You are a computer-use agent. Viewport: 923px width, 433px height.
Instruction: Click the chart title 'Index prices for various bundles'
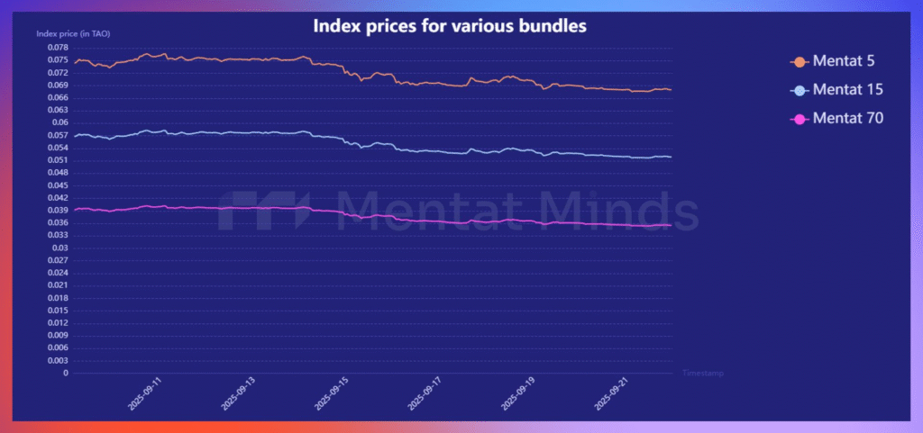point(450,25)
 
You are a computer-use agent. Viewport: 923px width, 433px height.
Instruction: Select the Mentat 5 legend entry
point(844,61)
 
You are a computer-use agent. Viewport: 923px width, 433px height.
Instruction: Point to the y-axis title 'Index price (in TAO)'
point(73,33)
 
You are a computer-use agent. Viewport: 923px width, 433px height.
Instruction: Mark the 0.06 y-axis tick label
point(60,122)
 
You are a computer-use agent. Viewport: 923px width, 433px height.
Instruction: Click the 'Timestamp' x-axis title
point(702,373)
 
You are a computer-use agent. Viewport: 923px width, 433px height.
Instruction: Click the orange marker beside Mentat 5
point(799,61)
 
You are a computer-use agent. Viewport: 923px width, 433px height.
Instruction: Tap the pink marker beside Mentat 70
point(799,117)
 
